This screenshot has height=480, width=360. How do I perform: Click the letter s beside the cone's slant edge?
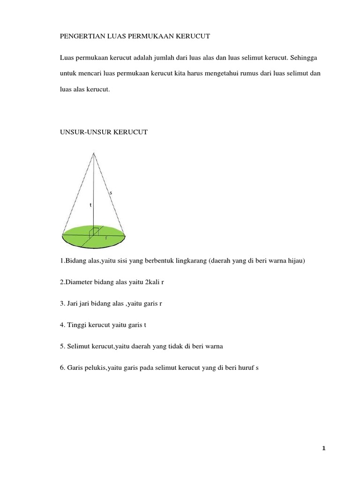(x=111, y=192)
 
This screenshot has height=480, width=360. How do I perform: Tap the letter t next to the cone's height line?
(x=90, y=205)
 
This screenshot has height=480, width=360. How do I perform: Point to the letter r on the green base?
(x=106, y=238)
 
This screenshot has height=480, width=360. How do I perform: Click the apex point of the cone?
(x=94, y=153)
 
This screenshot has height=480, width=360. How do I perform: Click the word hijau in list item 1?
(x=295, y=261)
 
